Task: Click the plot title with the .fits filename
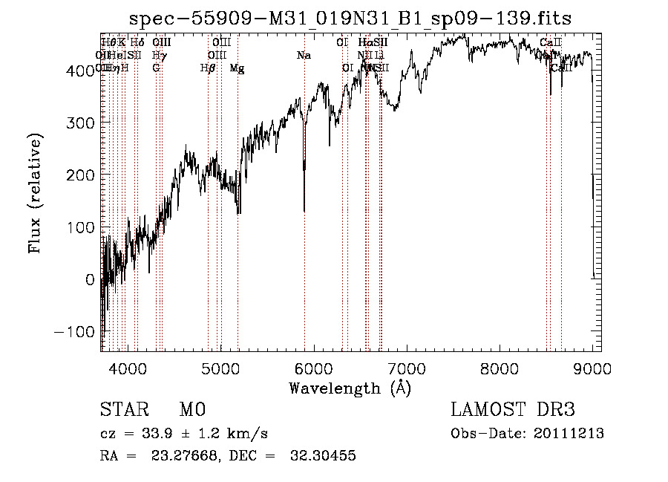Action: [x=350, y=19]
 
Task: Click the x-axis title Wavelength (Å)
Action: [x=350, y=388]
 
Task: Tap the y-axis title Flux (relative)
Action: [x=35, y=194]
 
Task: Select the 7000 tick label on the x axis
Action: [x=407, y=368]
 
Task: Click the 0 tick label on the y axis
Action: [x=90, y=279]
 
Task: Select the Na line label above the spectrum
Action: [x=304, y=56]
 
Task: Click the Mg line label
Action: [x=237, y=68]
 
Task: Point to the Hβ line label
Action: [x=208, y=68]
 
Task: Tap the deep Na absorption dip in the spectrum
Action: [x=304, y=201]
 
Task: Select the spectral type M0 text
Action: [x=191, y=410]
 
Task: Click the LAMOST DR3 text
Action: [x=513, y=410]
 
